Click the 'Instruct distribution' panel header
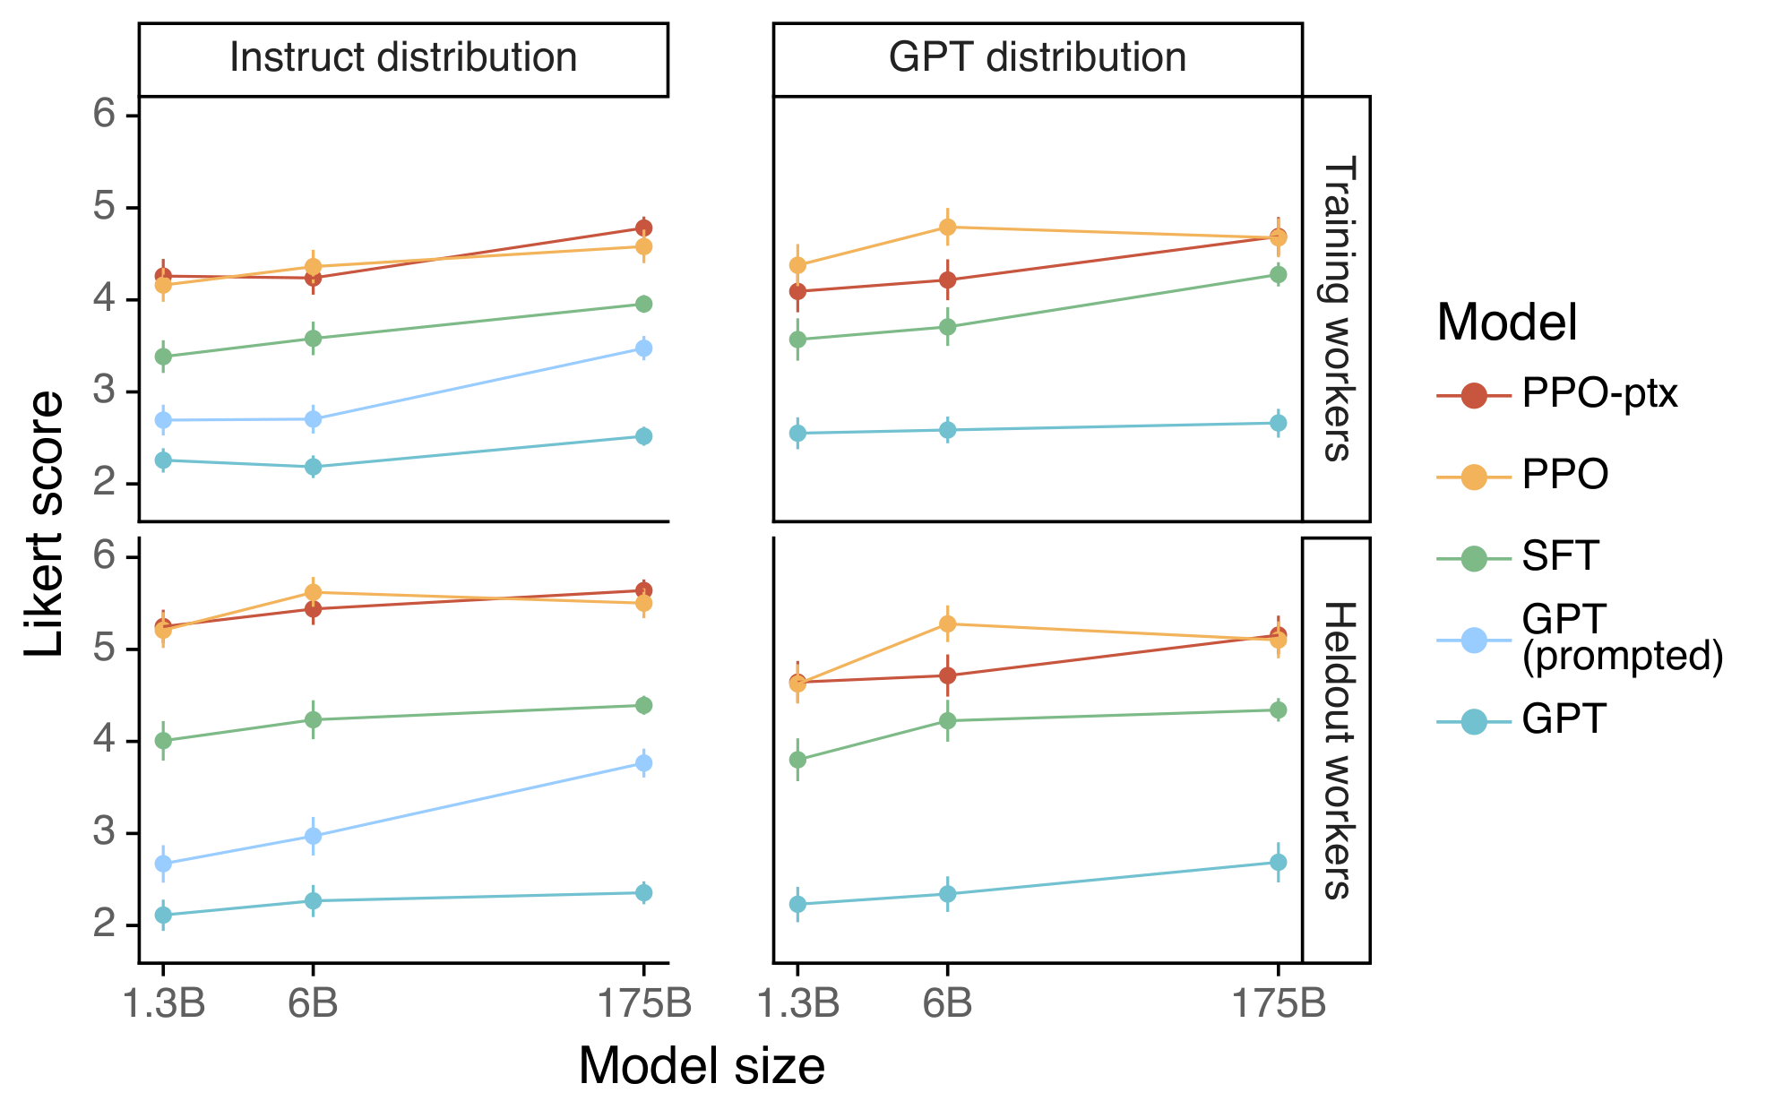[x=403, y=58]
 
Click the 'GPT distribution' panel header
[x=1037, y=58]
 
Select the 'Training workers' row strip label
[x=1336, y=308]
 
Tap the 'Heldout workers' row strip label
[x=1336, y=751]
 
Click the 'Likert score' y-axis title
[x=45, y=524]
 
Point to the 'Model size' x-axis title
[x=702, y=1066]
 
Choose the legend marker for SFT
[x=1474, y=558]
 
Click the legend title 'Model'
[x=1507, y=322]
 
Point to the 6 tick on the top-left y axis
[x=106, y=114]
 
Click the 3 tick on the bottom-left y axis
[x=106, y=832]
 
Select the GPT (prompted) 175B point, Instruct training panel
[x=643, y=348]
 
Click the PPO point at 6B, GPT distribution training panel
[x=947, y=228]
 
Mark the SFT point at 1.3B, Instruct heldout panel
[x=163, y=741]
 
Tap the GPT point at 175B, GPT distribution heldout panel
[x=1279, y=862]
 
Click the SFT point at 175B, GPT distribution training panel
[x=1279, y=274]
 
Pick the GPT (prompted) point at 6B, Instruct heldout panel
[x=313, y=836]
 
